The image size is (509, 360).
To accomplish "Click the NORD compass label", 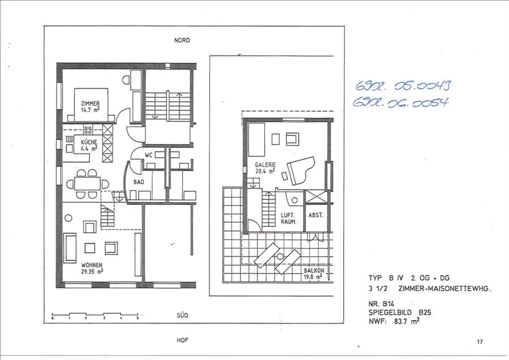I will [182, 40].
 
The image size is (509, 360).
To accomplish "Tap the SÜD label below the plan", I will [182, 315].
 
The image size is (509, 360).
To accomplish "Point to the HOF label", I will [182, 340].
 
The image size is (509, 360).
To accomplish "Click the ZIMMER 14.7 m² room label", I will [90, 106].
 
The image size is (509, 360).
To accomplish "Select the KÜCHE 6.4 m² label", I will [89, 145].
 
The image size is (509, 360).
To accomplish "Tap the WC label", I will [148, 155].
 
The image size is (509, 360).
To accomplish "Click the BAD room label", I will [139, 182].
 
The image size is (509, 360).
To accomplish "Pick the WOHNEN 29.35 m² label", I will [92, 268].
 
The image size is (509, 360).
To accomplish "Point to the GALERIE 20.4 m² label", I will [265, 168].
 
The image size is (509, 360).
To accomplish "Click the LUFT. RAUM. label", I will [288, 219].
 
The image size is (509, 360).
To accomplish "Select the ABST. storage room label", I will [316, 215].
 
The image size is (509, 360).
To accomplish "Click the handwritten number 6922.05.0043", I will [403, 86].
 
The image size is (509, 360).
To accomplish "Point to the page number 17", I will [480, 342].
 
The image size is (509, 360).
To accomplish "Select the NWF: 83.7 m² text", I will [394, 321].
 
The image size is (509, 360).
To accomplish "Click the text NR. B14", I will [381, 304].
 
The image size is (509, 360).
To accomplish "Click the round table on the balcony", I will [280, 256].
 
